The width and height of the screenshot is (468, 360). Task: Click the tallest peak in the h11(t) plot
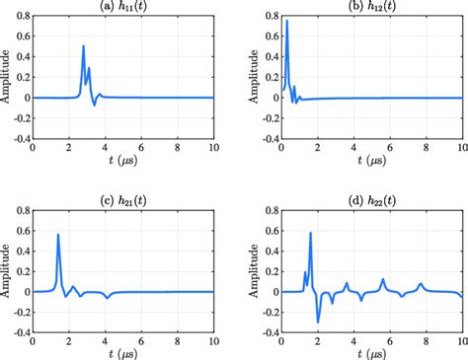[x=83, y=46]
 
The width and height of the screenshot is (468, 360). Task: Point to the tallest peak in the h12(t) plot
[x=286, y=21]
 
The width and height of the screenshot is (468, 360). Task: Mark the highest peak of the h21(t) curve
[x=58, y=235]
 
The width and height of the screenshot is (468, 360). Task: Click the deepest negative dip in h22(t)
[x=317, y=322]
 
